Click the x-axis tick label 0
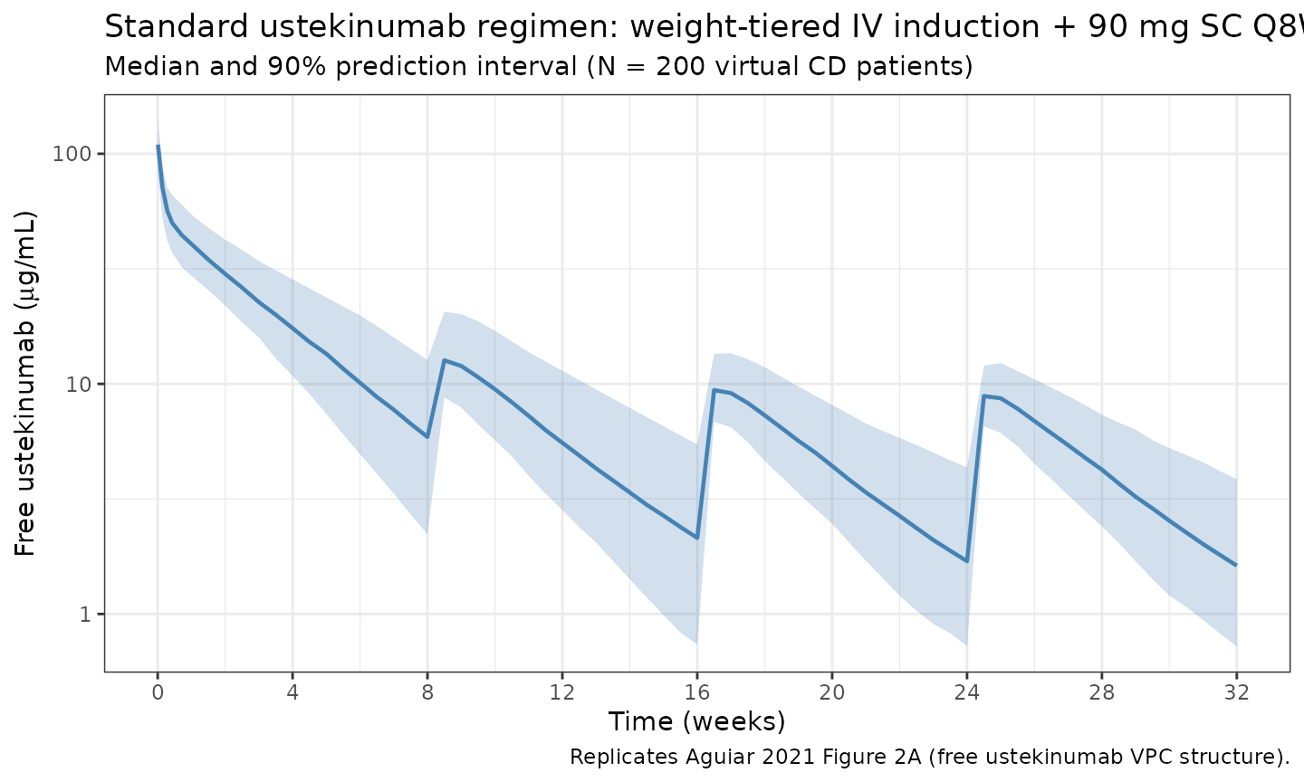tap(158, 693)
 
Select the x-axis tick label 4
tap(292, 693)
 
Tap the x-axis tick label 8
tap(427, 693)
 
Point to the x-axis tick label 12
tap(562, 693)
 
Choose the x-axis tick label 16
tap(697, 693)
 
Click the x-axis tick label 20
tap(832, 693)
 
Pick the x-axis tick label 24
tap(967, 693)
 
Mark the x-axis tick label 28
tap(1102, 693)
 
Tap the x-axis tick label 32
tap(1237, 693)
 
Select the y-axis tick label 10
tap(80, 384)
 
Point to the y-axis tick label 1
tap(86, 615)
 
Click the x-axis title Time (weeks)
tap(696, 722)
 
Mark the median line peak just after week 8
tap(445, 360)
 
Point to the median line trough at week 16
tap(697, 538)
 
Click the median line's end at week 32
tap(1236, 566)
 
